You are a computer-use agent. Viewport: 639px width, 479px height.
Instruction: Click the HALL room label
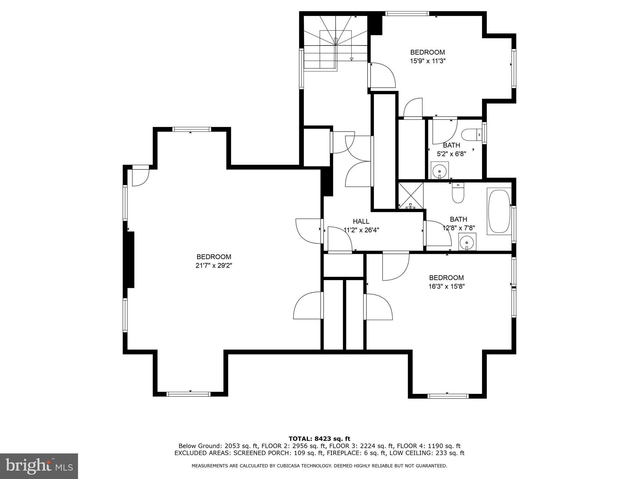361,221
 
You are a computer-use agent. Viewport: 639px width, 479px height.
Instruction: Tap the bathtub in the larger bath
499,211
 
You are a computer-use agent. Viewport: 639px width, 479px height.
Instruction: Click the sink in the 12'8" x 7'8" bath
467,241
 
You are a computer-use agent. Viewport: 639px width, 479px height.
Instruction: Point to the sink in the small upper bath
440,170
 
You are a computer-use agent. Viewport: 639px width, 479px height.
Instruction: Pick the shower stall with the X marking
411,196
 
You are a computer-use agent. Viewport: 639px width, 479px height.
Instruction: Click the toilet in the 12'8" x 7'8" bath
458,193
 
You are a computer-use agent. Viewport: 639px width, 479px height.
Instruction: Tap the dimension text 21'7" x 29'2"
214,265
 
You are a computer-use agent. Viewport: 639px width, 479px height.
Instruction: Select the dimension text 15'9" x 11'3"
427,61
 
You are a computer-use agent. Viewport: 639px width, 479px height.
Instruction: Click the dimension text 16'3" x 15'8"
446,286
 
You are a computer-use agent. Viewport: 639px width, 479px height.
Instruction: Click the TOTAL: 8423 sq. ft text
319,439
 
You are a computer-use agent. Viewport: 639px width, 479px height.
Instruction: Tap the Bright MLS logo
39,466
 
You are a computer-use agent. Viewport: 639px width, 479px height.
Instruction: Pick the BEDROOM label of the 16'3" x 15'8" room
446,278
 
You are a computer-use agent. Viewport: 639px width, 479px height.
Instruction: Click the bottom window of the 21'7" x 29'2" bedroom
189,394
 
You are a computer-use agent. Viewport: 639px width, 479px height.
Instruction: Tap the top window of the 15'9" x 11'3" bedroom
407,13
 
